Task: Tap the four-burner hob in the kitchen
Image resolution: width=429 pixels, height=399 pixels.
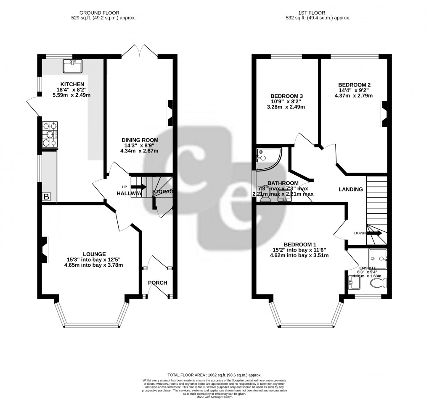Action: [50, 135]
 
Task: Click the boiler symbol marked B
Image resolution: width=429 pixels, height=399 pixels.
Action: [46, 196]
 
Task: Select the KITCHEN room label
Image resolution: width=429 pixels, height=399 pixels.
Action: [69, 84]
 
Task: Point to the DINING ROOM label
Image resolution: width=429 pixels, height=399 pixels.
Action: [140, 140]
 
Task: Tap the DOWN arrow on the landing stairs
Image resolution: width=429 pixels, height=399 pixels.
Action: [374, 233]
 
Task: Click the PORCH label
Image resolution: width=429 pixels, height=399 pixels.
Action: [158, 283]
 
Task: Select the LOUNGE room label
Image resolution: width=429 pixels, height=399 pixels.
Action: [94, 254]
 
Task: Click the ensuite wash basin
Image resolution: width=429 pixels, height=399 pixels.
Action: [354, 282]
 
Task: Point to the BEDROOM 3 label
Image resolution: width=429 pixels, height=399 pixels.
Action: [286, 96]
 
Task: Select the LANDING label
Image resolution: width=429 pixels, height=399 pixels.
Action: [350, 189]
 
